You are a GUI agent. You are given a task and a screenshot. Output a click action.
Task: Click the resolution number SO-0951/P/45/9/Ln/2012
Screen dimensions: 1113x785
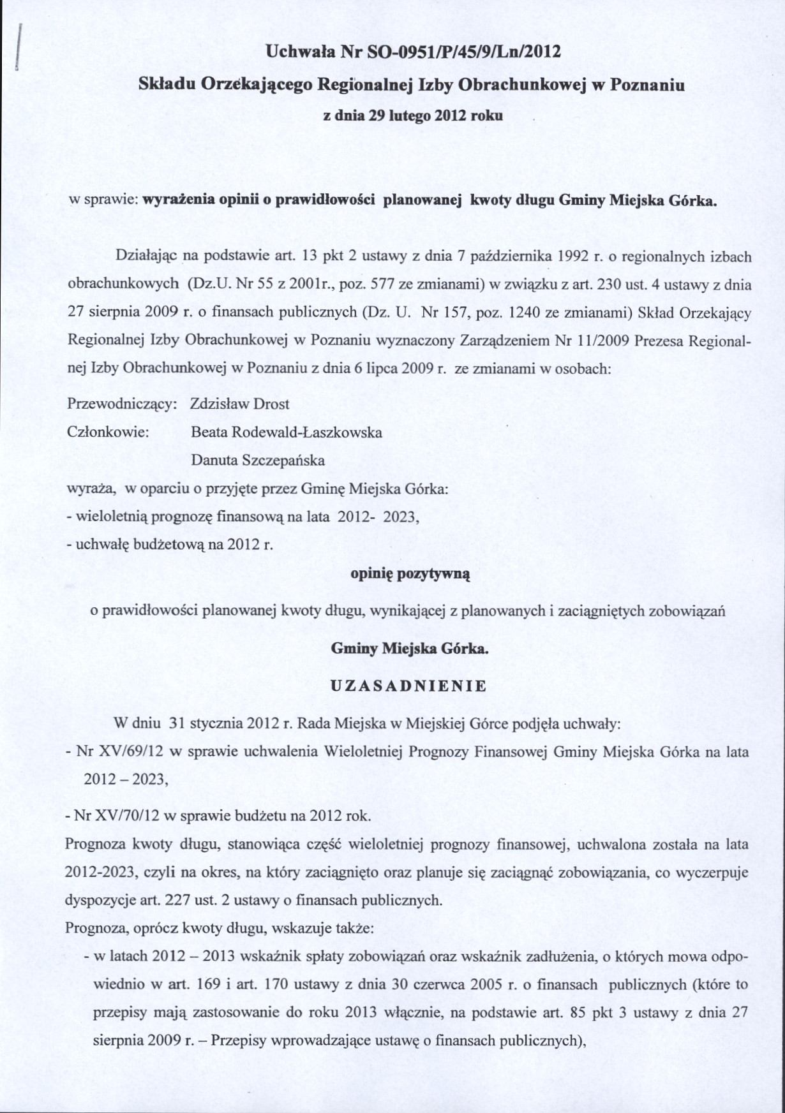(x=460, y=51)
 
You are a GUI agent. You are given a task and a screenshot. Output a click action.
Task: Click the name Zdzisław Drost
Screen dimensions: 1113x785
(x=240, y=404)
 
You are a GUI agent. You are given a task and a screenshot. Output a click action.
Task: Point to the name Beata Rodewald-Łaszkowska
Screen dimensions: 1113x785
(x=287, y=432)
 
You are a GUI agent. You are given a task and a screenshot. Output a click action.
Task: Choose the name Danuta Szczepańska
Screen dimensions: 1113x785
(x=258, y=460)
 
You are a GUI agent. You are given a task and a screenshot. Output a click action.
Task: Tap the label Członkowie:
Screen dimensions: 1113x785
(x=108, y=432)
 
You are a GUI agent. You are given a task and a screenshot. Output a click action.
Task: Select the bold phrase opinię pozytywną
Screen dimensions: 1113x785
(x=410, y=574)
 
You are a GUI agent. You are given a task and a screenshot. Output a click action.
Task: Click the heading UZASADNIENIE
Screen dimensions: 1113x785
(x=409, y=686)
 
